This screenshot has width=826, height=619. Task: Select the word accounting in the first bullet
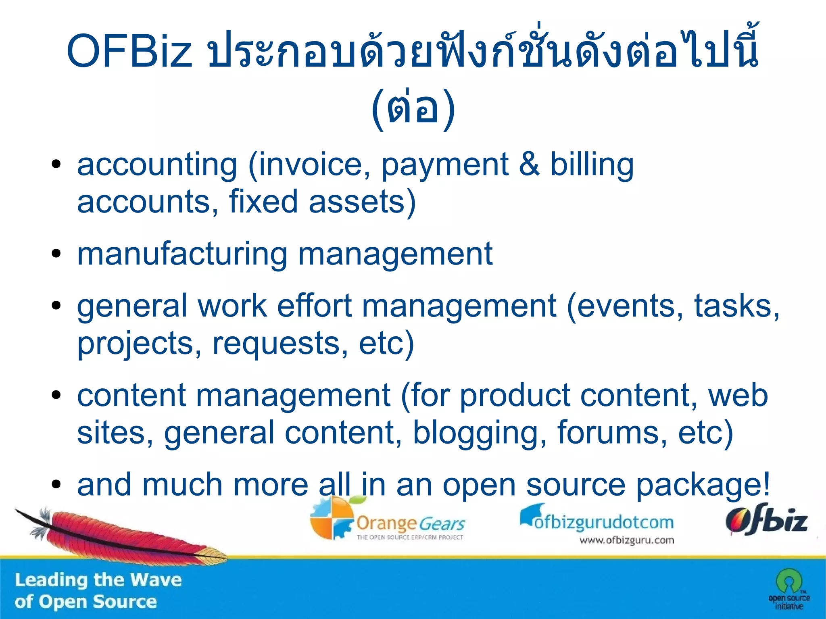(157, 165)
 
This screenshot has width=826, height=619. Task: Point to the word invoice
(310, 165)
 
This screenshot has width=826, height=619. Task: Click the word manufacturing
(182, 254)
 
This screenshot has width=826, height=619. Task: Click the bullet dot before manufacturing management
(56, 254)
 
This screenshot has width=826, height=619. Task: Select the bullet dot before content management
(56, 396)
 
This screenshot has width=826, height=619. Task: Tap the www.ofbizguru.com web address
(626, 540)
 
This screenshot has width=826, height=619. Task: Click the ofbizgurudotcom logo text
(604, 522)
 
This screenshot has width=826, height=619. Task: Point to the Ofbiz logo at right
(766, 520)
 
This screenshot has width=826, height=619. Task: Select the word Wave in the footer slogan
(156, 580)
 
